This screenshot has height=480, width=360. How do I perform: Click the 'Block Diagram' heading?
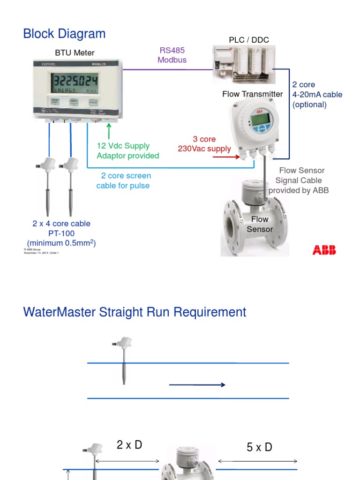[x=64, y=34]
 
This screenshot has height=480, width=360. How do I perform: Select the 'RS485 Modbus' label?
[x=172, y=55]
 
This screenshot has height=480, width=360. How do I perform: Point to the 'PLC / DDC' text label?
[x=249, y=40]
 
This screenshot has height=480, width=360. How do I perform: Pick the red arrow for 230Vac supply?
[x=226, y=157]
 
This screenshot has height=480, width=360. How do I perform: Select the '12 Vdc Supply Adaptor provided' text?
[x=127, y=151]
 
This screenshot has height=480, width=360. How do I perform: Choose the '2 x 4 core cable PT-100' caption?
[x=61, y=228]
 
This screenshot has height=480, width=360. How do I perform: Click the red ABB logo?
[x=324, y=250]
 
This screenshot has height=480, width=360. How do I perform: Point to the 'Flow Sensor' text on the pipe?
[x=260, y=224]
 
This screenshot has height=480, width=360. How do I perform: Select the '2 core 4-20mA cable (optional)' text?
[x=317, y=94]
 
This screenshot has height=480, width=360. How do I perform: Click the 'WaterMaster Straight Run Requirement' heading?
[x=135, y=312]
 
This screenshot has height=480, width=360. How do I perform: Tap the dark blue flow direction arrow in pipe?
[x=197, y=385]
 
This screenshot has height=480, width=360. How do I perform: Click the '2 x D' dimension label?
[x=129, y=445]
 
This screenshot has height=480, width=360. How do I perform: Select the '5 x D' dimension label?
[x=259, y=447]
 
